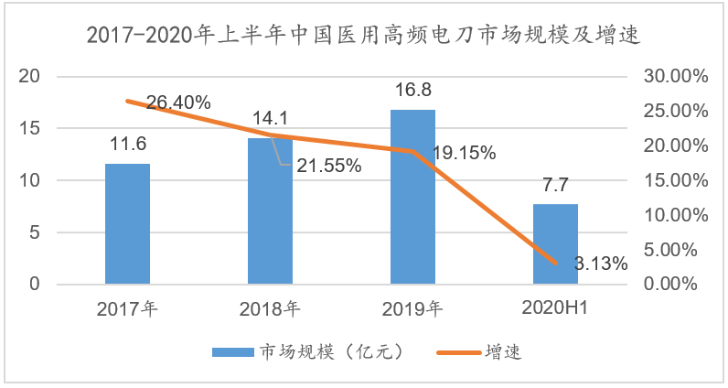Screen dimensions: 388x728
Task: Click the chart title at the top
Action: [x=363, y=36]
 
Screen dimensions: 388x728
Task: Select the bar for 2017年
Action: [x=127, y=224]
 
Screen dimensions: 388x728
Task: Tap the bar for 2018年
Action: [x=270, y=210]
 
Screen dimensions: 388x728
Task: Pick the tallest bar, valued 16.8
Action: [x=412, y=197]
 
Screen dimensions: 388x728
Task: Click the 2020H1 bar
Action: [x=555, y=244]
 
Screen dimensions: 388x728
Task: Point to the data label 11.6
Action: [x=127, y=145]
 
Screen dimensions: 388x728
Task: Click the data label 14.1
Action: [x=270, y=118]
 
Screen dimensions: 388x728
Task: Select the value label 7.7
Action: [x=555, y=185]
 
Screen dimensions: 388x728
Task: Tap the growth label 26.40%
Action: [x=178, y=102]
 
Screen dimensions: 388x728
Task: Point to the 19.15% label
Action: [x=464, y=154]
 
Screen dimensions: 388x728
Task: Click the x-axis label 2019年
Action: [x=412, y=308]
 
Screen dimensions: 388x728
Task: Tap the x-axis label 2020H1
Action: [x=555, y=308]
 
